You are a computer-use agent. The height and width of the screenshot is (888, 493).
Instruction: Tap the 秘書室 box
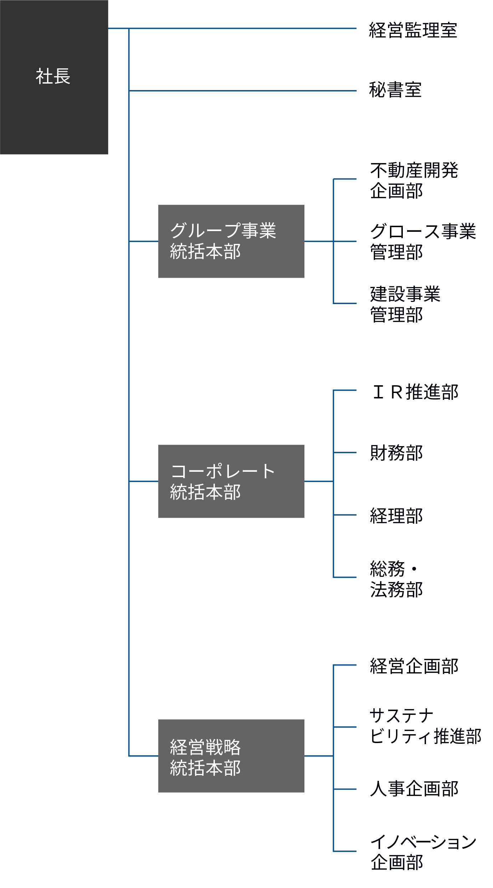(424, 90)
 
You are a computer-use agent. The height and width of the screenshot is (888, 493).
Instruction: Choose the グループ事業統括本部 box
(231, 241)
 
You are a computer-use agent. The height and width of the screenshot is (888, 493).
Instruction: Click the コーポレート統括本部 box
(231, 481)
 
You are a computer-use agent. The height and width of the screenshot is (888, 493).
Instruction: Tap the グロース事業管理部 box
(424, 241)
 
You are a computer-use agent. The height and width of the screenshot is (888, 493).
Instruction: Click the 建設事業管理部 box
(424, 304)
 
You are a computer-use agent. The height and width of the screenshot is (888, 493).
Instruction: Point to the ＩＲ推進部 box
(424, 391)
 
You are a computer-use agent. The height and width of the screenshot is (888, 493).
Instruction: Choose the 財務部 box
(424, 453)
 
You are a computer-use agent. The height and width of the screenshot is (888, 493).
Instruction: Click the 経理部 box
(424, 515)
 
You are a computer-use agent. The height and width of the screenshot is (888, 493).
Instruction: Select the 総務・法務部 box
(424, 578)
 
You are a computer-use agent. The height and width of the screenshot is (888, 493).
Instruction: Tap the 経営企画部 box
(424, 665)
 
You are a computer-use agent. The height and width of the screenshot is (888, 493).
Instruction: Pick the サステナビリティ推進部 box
(424, 726)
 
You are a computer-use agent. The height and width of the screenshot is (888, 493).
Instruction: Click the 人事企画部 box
(424, 789)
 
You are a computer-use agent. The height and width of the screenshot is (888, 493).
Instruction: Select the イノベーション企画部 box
(424, 851)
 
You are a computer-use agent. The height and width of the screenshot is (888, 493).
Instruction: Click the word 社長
(53, 76)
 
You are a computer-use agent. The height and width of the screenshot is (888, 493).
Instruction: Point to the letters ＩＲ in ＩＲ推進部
(388, 392)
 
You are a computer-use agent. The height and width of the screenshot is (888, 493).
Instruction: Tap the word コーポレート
(223, 471)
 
